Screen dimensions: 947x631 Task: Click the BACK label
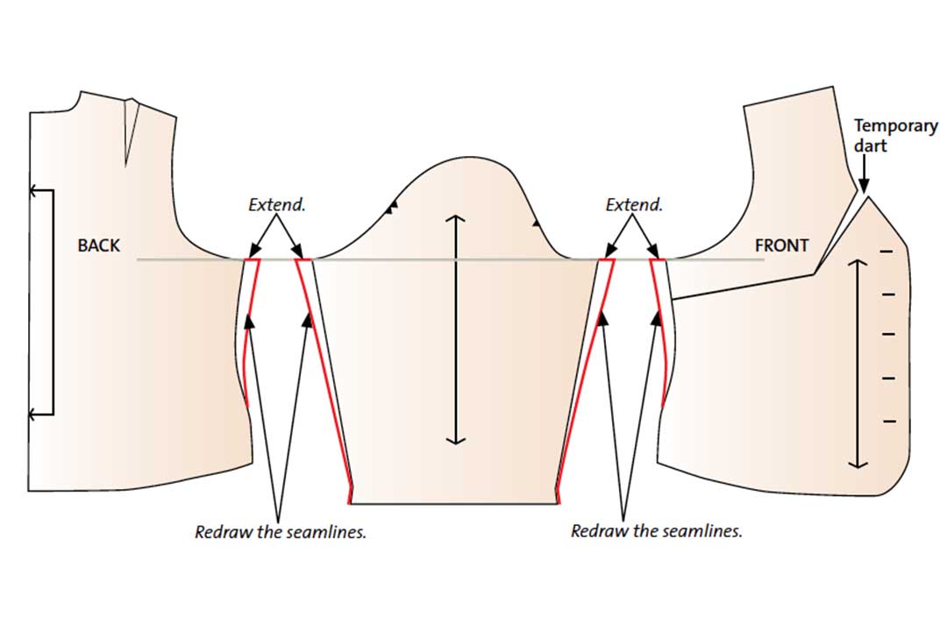98,245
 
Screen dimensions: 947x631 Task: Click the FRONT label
781,245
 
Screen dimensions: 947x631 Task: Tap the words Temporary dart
895,136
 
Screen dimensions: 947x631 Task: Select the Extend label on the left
277,205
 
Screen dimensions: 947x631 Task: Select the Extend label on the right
634,205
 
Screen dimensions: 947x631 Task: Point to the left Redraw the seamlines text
281,532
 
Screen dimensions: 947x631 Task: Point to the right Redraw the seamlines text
657,531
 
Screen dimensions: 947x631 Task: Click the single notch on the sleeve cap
536,223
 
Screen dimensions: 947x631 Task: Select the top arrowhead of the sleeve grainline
456,219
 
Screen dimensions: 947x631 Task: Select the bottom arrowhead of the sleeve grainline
456,440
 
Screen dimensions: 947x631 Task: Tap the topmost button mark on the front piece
887,252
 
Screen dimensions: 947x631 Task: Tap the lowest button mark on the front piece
890,421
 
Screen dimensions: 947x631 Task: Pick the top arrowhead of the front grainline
858,263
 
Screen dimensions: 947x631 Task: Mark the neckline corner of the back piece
81,92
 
